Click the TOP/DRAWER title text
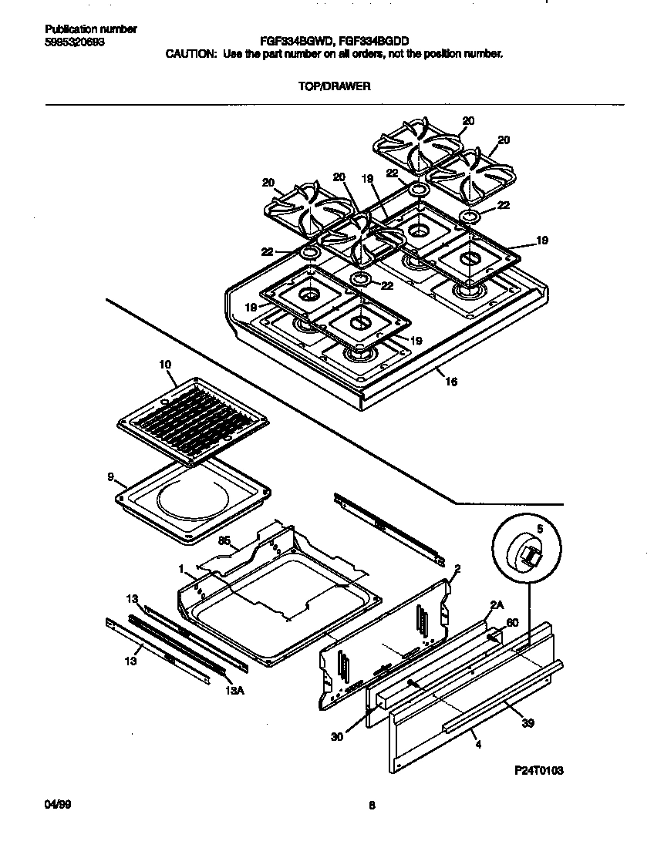(x=334, y=87)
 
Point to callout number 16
(x=451, y=381)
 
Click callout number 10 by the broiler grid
(x=165, y=365)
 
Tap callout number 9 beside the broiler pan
(x=111, y=477)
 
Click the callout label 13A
(x=235, y=690)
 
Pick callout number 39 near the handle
(x=528, y=724)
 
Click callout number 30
(x=336, y=735)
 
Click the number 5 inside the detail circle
(x=540, y=529)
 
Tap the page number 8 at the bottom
(x=372, y=806)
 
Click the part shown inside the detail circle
(x=528, y=555)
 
